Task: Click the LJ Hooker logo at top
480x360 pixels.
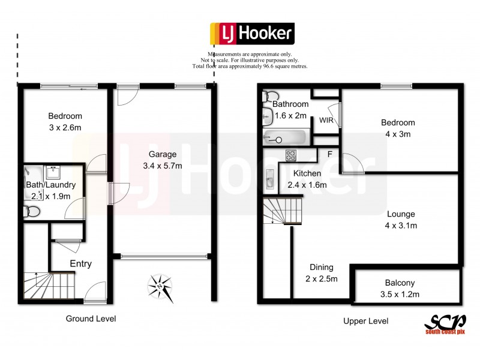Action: click(251, 33)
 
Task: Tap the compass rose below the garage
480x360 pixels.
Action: click(161, 288)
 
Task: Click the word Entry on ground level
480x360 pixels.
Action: click(81, 263)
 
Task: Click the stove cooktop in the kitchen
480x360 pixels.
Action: click(290, 155)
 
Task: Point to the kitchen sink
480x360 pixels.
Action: click(269, 179)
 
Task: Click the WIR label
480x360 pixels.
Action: click(326, 121)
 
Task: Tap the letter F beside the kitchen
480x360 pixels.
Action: click(329, 154)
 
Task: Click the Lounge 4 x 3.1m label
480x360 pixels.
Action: click(401, 220)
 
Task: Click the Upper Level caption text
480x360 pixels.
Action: click(365, 321)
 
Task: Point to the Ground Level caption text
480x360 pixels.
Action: click(91, 319)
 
